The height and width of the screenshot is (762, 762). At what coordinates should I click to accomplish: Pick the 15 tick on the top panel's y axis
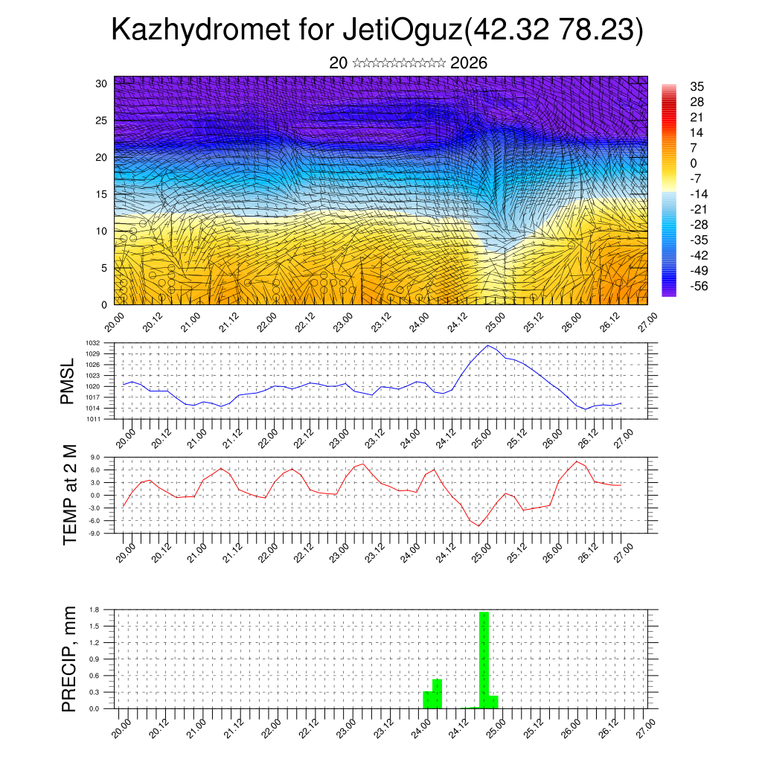click(102, 194)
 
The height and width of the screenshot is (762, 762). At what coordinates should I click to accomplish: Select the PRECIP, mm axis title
click(69, 659)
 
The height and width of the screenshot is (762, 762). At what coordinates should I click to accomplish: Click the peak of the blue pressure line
click(488, 345)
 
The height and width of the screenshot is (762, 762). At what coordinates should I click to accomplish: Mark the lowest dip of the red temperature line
click(479, 525)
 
